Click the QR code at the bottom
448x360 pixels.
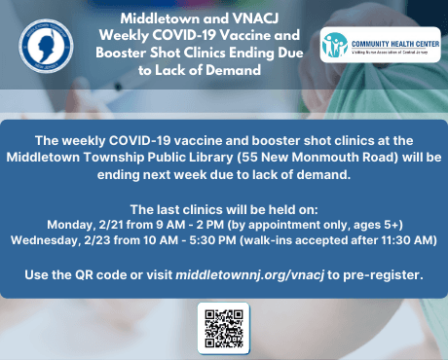(223, 328)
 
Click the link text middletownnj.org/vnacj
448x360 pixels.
(257, 275)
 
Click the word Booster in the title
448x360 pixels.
(152, 54)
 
